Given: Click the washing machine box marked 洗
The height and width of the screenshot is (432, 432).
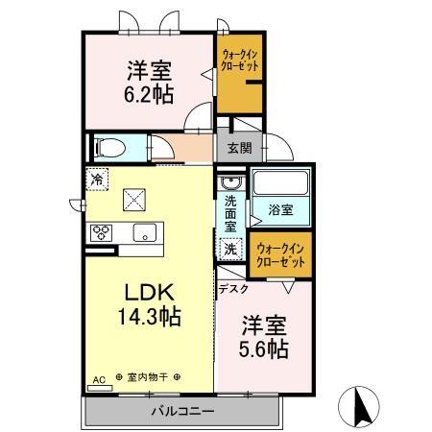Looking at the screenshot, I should coord(231,249).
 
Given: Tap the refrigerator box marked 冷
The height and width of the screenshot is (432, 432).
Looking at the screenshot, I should coord(97,179).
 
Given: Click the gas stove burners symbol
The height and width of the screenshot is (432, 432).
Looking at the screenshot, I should coord(102,232).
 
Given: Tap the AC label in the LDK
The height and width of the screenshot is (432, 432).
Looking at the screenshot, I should coord(98,378).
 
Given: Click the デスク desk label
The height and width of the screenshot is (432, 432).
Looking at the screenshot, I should coord(233,288).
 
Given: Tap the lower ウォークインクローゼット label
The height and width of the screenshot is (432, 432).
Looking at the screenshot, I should coord(281,255).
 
